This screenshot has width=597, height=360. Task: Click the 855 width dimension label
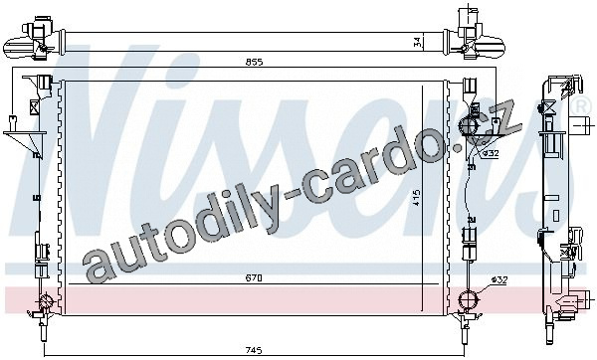tap(254, 62)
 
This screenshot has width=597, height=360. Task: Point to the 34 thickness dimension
tap(418, 42)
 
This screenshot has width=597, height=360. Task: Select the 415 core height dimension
tap(417, 198)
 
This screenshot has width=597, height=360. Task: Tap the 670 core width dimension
tap(254, 278)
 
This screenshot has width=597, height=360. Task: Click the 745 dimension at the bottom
tap(254, 350)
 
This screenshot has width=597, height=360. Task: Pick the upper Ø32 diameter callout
tap(491, 154)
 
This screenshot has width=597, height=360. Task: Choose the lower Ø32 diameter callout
tap(499, 280)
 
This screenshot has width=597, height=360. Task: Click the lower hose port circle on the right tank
tap(469, 300)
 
